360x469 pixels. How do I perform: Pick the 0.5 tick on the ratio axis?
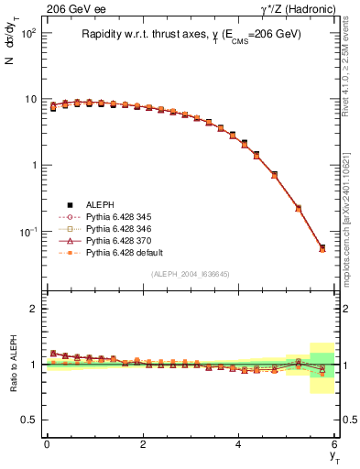(x=29, y=420)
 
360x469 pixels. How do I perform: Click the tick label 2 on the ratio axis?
(x=33, y=309)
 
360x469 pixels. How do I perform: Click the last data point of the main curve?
(x=322, y=247)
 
